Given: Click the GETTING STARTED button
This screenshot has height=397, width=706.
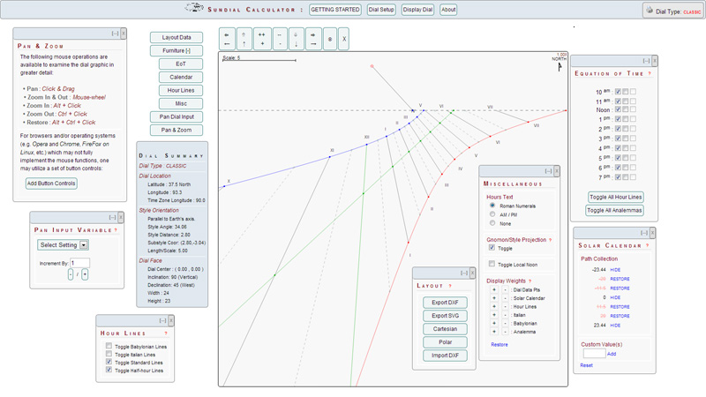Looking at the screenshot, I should [x=334, y=10].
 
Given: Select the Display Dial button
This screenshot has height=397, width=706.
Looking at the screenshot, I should [x=417, y=10].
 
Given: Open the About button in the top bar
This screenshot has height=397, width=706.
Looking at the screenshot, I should [x=448, y=10].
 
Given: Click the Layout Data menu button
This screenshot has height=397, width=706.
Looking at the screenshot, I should [x=176, y=38].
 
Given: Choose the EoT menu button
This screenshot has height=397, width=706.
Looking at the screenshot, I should [x=176, y=64].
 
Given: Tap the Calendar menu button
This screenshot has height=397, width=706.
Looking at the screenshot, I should [x=176, y=78].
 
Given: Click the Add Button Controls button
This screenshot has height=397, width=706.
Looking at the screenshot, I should [x=51, y=184].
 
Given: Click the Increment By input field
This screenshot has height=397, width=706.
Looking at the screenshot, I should [x=79, y=263].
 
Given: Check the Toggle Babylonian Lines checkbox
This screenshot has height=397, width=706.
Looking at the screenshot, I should [x=109, y=347].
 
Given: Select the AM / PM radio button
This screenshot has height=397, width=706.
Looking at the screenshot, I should [x=491, y=215].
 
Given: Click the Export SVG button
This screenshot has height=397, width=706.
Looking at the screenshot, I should [x=445, y=315].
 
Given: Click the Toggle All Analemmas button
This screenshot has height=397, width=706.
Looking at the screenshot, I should [x=614, y=210].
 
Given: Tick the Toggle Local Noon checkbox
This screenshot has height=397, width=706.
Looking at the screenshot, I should [x=491, y=264].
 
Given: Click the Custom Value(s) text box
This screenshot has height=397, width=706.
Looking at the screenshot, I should [x=593, y=353].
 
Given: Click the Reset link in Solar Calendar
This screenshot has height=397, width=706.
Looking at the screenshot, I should [x=586, y=364].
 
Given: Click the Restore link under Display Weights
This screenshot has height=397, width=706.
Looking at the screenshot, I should [x=499, y=344].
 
